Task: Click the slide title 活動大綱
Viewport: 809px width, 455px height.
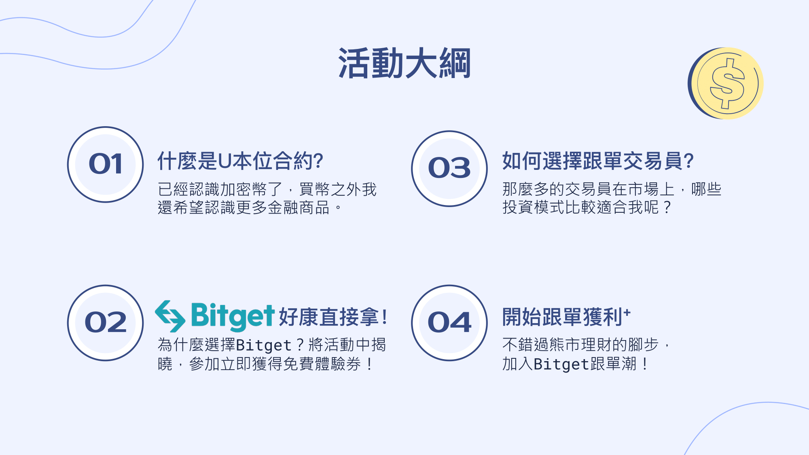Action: point(404,63)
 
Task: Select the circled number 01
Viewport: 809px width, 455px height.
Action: point(106,164)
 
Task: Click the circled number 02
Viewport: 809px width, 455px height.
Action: point(106,323)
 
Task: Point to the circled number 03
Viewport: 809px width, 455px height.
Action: point(449,168)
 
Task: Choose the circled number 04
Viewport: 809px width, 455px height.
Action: point(449,323)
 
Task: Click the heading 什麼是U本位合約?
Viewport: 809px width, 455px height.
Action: point(240,161)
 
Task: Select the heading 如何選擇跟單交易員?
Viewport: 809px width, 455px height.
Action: point(598,161)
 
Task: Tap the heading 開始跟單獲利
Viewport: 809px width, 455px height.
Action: point(562,317)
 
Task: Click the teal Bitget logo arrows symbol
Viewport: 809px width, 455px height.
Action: point(170,316)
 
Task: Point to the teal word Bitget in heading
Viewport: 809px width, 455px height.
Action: point(233,316)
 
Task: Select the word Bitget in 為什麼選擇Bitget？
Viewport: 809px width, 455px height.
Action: point(264,345)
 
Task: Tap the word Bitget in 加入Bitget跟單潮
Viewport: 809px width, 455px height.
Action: point(561,364)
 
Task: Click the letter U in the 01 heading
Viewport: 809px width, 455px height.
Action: point(225,161)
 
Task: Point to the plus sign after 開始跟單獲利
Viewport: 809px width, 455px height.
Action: point(627,312)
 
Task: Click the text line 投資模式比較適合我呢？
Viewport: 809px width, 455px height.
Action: point(587,207)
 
